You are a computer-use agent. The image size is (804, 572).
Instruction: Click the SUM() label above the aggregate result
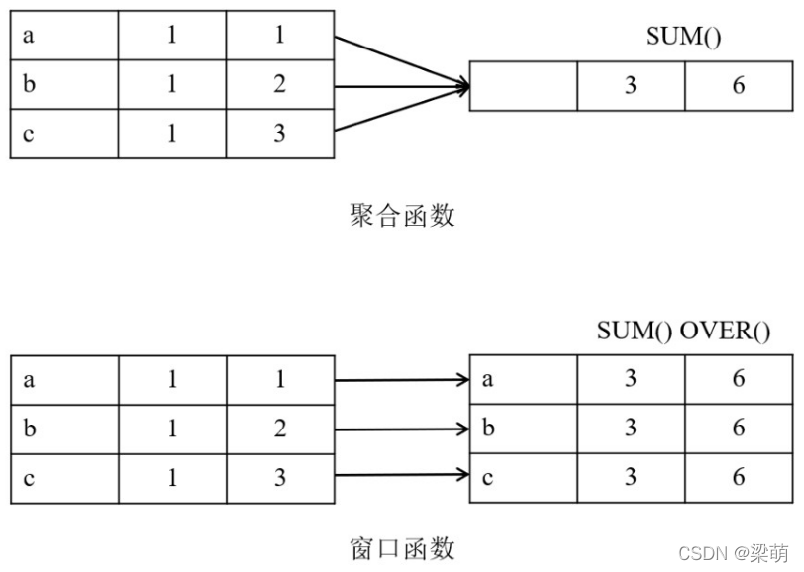683,38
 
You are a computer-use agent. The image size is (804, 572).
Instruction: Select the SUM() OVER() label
683,331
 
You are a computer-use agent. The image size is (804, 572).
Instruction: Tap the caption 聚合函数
402,215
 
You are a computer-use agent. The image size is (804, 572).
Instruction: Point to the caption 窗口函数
402,546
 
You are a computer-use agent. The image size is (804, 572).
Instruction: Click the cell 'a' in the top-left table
64,35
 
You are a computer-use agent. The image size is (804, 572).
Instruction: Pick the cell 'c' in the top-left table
64,134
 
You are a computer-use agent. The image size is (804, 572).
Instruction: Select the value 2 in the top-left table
279,84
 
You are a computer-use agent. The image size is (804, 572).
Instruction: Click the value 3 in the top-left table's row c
279,134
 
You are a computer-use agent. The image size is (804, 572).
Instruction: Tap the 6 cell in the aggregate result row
738,86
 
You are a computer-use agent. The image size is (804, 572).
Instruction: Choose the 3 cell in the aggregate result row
630,86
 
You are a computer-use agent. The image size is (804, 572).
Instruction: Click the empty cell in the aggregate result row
523,86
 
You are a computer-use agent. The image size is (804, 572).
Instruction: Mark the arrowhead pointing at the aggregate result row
461,86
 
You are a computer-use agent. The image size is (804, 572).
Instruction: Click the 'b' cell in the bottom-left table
64,429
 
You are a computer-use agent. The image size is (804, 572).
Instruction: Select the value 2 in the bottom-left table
279,429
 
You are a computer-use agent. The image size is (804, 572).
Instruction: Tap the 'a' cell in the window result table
523,379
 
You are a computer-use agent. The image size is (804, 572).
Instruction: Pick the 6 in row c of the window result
738,477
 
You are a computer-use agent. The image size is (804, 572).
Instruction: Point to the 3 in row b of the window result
630,429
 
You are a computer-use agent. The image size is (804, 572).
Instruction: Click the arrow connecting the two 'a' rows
401,379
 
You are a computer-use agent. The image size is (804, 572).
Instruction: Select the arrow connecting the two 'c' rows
401,477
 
